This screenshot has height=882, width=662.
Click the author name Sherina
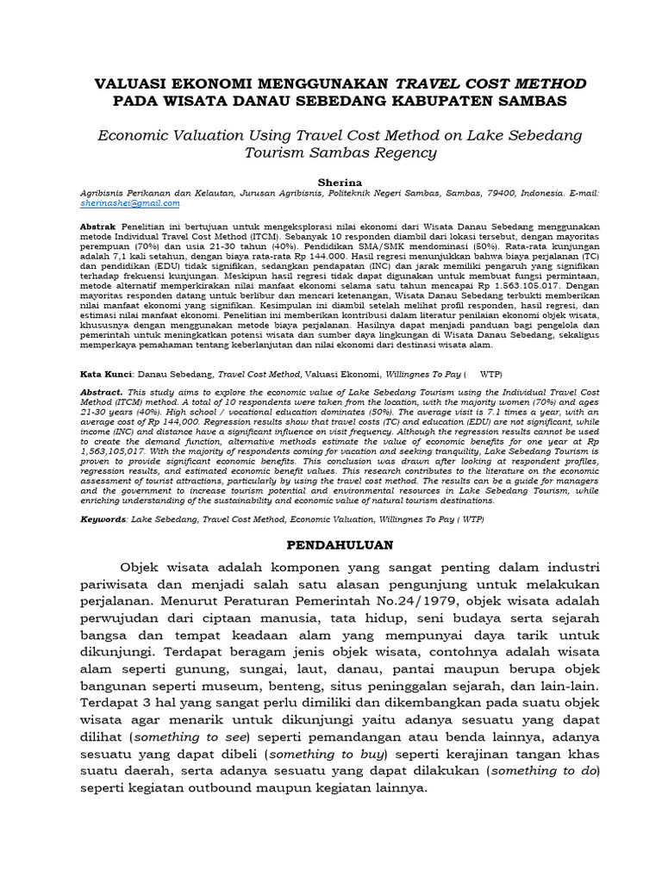(331, 183)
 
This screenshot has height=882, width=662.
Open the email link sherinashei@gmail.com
(129, 203)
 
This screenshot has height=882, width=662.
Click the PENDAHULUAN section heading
(339, 545)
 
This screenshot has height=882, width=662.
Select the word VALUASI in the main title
(129, 83)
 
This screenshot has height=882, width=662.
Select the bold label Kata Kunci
(105, 375)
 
